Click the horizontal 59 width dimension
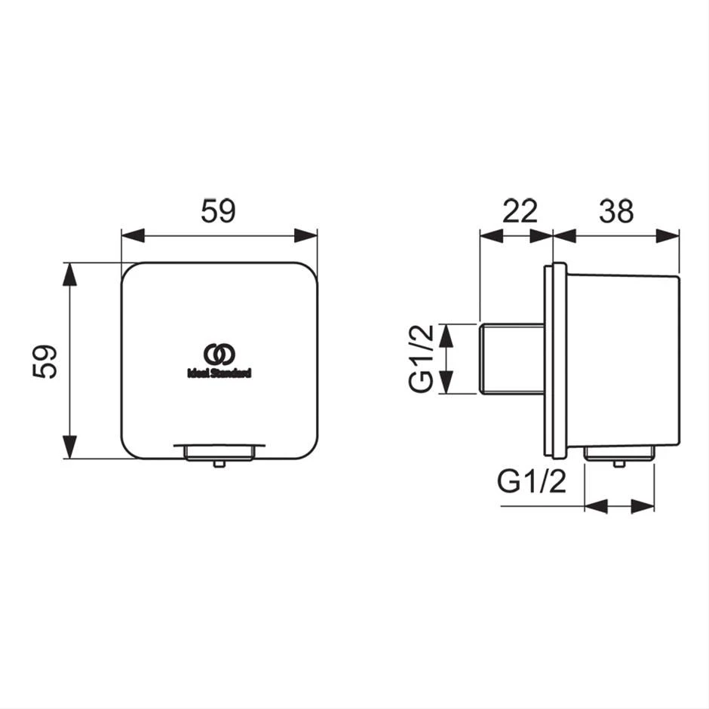(219, 210)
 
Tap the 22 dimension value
(520, 210)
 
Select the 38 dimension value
(616, 210)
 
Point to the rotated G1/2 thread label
(421, 358)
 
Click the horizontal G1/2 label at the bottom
(531, 481)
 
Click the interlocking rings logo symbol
(219, 354)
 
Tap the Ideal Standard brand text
(219, 373)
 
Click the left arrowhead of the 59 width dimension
(133, 235)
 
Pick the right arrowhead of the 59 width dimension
(305, 235)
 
